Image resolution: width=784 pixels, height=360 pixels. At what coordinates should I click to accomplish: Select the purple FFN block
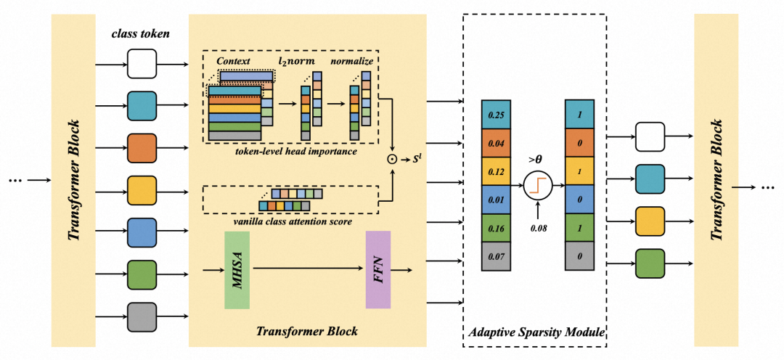[378, 269]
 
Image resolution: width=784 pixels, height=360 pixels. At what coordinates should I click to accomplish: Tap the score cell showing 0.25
[496, 115]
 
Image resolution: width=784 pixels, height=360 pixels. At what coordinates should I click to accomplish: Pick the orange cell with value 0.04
[496, 143]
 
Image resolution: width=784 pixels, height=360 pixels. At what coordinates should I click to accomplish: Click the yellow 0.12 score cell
[496, 171]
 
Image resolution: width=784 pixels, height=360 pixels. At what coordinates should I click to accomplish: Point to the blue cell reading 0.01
[496, 200]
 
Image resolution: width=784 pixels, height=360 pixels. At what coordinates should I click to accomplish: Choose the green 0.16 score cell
[496, 228]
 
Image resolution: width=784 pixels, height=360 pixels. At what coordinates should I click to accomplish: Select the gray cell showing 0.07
[496, 256]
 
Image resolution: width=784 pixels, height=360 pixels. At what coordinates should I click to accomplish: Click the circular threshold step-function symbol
[537, 186]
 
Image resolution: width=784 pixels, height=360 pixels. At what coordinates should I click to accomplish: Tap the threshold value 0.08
[537, 228]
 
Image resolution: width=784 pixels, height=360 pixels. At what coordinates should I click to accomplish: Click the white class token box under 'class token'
[142, 63]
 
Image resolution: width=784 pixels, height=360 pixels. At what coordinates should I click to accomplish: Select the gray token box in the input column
[142, 317]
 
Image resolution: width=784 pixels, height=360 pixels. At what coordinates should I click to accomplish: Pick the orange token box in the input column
[142, 148]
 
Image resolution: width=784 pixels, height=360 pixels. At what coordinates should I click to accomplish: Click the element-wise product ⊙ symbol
[393, 160]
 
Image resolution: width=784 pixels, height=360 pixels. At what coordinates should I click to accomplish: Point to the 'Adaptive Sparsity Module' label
[534, 332]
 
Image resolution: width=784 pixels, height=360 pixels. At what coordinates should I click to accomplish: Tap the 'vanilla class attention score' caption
[291, 221]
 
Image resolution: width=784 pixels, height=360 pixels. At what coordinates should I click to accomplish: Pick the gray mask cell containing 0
[579, 256]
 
